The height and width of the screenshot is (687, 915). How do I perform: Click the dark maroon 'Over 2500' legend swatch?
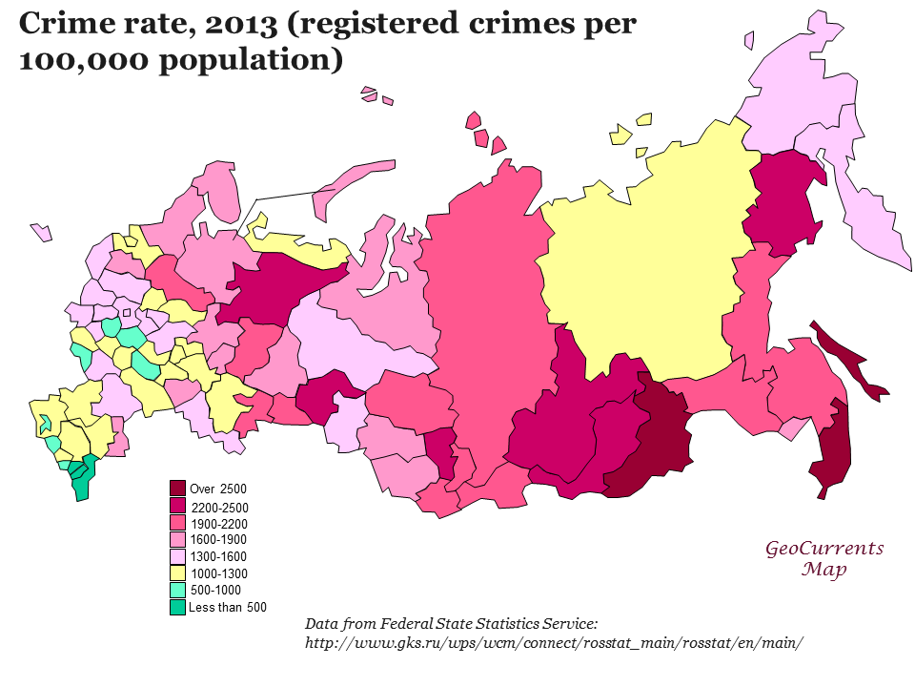click(x=177, y=489)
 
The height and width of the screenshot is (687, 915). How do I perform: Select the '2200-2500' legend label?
click(x=219, y=508)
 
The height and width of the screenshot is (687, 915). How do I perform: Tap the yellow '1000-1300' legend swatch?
click(x=177, y=572)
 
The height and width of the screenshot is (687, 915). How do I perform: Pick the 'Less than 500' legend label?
click(x=228, y=607)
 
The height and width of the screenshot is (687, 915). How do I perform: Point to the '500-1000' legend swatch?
click(x=177, y=590)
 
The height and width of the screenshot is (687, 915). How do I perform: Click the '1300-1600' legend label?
click(x=218, y=556)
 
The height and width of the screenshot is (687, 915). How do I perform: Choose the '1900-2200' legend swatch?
click(x=177, y=523)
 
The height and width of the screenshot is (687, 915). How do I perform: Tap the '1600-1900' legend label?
click(x=218, y=540)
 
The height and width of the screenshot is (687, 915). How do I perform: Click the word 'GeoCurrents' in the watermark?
click(x=824, y=549)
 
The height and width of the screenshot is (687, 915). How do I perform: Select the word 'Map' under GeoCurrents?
click(x=824, y=570)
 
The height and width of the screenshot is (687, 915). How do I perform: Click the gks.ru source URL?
click(x=554, y=643)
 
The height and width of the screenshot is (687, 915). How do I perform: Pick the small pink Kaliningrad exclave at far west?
click(x=41, y=232)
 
